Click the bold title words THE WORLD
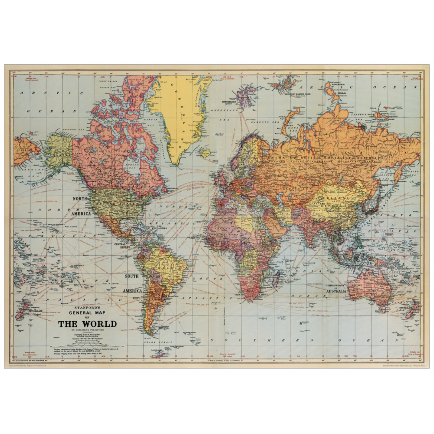tap(87, 324)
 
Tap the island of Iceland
tap(204, 152)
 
